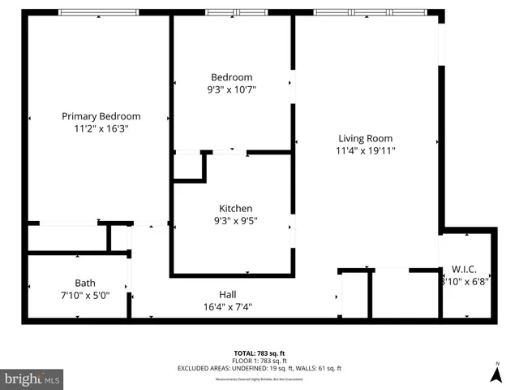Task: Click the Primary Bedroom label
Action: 101,116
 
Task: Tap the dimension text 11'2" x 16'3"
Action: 101,128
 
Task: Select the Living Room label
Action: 365,138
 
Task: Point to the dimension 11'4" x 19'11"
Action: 365,150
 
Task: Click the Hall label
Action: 228,294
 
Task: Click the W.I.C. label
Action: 465,270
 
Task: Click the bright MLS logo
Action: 32,379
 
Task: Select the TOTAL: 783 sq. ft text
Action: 259,353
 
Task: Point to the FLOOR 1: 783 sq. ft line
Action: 259,361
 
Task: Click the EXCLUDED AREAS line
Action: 259,368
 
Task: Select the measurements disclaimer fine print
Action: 259,378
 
